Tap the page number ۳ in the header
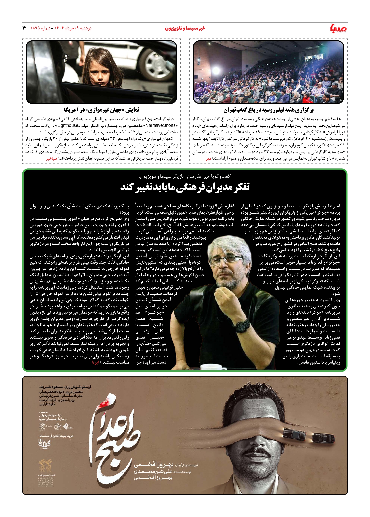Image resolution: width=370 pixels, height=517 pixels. coord(24,28)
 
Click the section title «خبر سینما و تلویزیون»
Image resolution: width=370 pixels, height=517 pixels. coord(185,28)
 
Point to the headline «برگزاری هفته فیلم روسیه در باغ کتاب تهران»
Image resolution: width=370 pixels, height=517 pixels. coord(268,110)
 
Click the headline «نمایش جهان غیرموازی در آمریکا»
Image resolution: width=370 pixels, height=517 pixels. coord(101,110)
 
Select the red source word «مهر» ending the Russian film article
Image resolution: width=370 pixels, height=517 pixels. coord(209,159)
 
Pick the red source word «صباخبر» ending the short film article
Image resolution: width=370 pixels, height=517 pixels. coord(52,159)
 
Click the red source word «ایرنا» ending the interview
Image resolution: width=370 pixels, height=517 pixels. coord(95,362)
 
